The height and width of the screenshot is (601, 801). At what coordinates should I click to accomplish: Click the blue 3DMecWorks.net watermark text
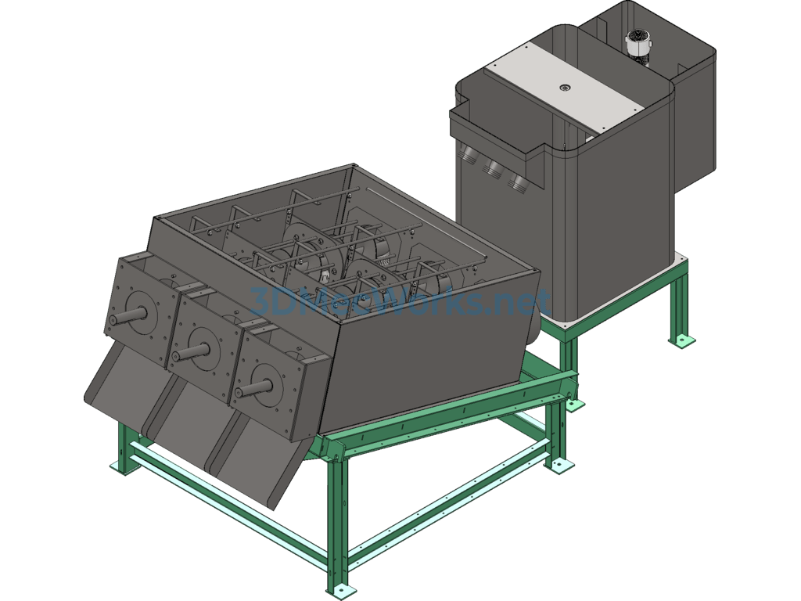pos(400,302)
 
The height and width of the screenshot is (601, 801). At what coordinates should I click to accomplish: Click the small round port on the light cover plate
pos(565,88)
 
